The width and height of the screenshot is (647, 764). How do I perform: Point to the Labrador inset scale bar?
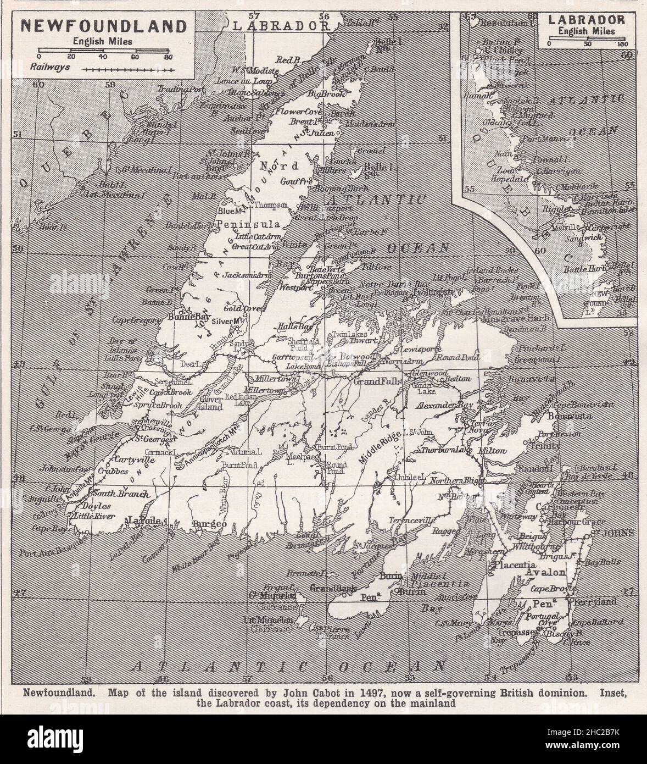(587, 38)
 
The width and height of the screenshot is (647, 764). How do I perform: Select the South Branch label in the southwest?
(122, 494)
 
